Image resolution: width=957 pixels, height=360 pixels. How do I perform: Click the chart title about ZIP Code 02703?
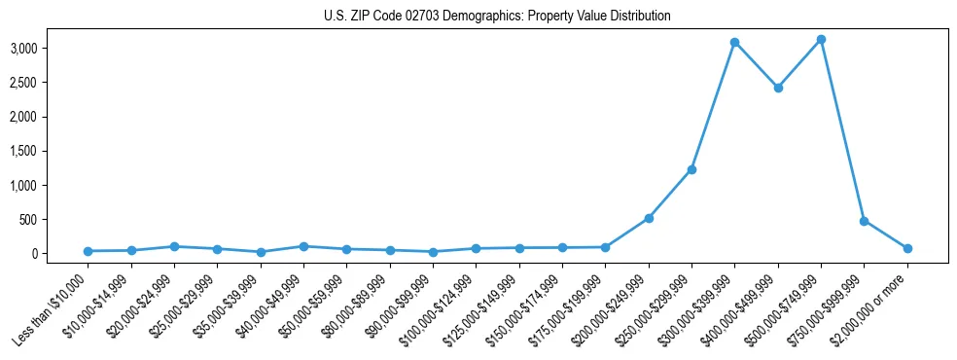point(497,17)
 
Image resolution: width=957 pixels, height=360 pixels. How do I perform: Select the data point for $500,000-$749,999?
point(821,40)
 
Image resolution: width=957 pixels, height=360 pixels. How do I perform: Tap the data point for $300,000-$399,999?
point(735,43)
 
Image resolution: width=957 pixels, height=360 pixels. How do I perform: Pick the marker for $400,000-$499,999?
point(778,88)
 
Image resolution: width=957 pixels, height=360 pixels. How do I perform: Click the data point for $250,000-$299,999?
point(691,169)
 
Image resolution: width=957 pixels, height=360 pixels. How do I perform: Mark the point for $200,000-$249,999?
point(649,218)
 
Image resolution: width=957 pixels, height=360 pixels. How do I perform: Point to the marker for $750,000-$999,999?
point(864,221)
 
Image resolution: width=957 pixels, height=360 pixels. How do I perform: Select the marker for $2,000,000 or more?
point(907,248)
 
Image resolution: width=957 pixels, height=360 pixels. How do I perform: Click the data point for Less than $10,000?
point(89,251)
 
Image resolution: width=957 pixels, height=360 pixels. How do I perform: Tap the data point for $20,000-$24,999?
point(174,246)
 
